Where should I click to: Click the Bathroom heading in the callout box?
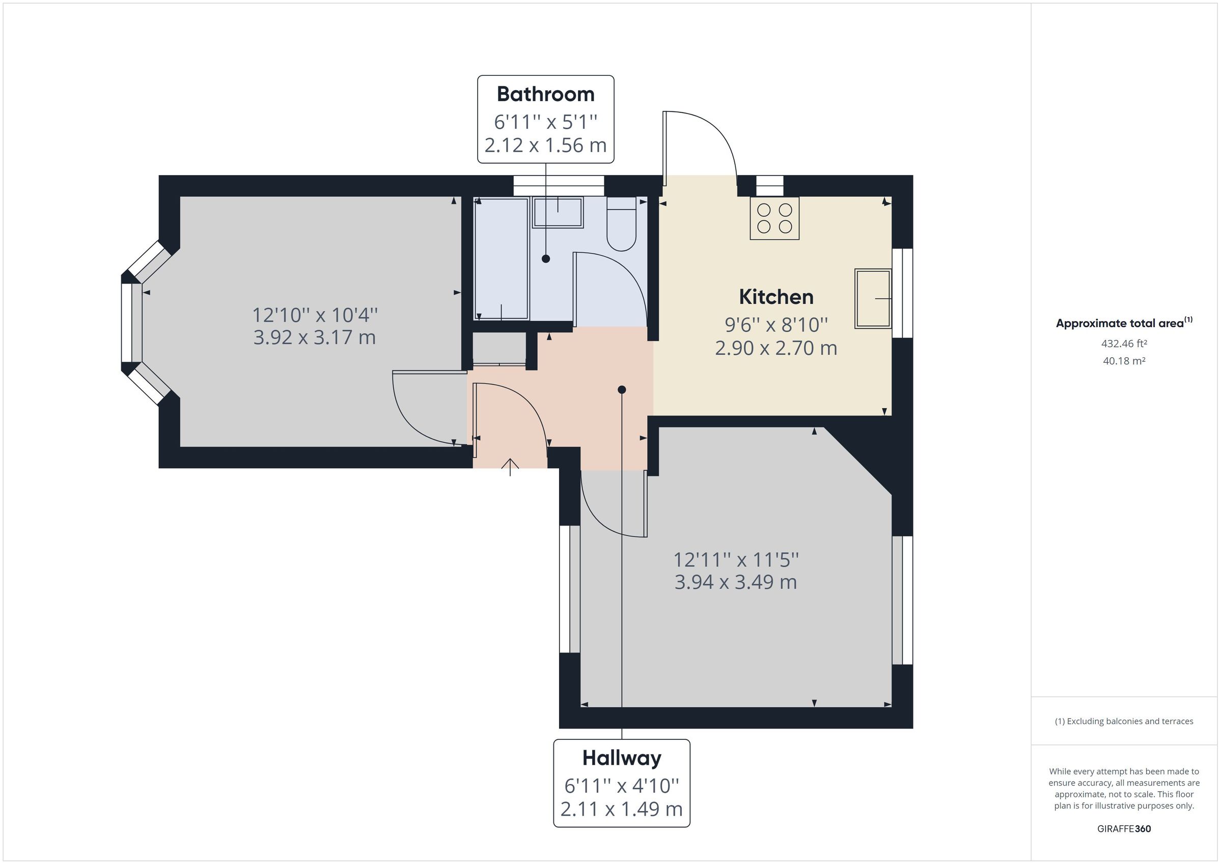pyautogui.click(x=545, y=94)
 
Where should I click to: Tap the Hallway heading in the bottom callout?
pyautogui.click(x=622, y=758)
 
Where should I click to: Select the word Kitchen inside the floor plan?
pyautogui.click(x=776, y=297)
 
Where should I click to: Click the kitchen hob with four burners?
pyautogui.click(x=774, y=218)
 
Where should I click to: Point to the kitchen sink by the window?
pyautogui.click(x=872, y=299)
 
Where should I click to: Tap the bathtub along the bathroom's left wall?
pyautogui.click(x=501, y=258)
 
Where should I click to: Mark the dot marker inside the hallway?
pyautogui.click(x=622, y=389)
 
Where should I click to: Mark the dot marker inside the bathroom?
pyautogui.click(x=545, y=258)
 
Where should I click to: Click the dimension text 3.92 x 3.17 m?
pyautogui.click(x=315, y=337)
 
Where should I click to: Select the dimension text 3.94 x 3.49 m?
pyautogui.click(x=736, y=582)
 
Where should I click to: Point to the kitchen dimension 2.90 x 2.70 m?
pyautogui.click(x=776, y=348)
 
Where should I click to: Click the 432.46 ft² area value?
pyautogui.click(x=1124, y=343)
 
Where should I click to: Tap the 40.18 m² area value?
pyautogui.click(x=1124, y=361)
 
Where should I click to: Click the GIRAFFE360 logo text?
pyautogui.click(x=1124, y=828)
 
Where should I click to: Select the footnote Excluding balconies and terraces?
pyautogui.click(x=1124, y=721)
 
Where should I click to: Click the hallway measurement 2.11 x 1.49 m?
pyautogui.click(x=622, y=809)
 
